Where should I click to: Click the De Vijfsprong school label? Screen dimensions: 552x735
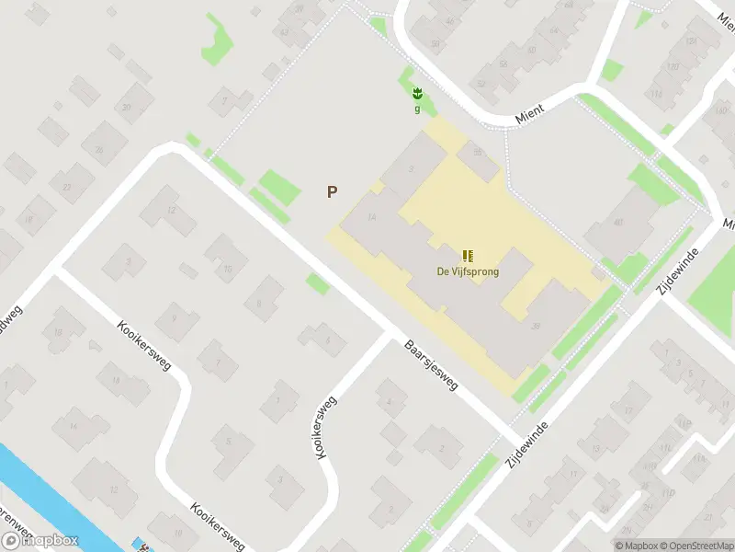click(x=468, y=271)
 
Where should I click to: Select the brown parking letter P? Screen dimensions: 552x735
click(x=332, y=192)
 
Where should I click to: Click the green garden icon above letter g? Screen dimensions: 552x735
click(x=417, y=93)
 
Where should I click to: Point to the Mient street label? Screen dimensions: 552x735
click(x=530, y=109)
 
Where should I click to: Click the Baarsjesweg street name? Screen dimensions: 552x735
click(x=431, y=367)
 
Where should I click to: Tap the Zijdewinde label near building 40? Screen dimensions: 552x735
click(x=673, y=270)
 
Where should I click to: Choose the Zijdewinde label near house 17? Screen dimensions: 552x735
click(x=527, y=443)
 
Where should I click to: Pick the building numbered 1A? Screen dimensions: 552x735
click(x=371, y=217)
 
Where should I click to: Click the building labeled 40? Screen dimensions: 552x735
click(x=618, y=222)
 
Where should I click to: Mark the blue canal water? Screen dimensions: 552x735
click(x=46, y=497)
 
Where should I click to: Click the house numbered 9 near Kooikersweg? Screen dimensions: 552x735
click(x=172, y=318)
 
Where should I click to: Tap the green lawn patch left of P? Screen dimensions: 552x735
click(x=279, y=188)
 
